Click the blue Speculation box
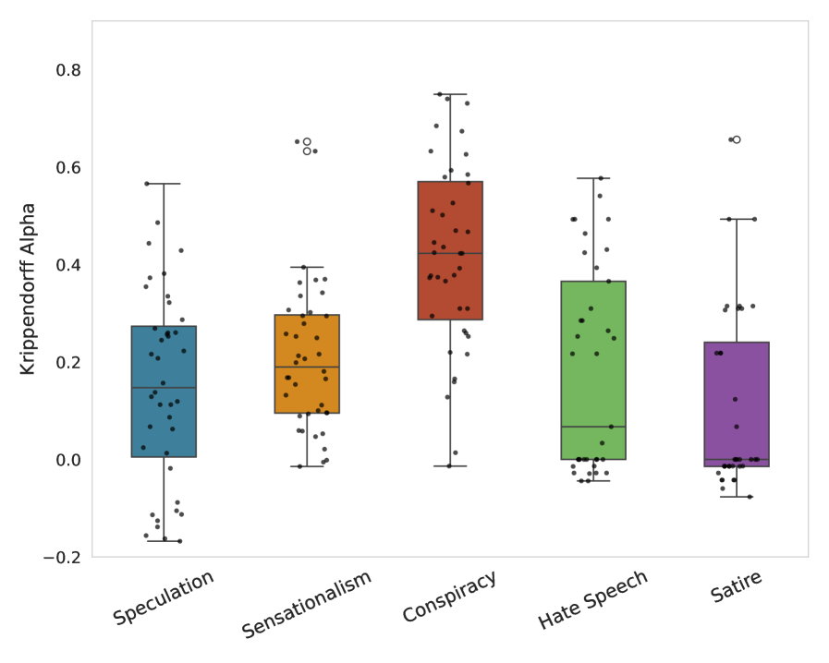pos(164,391)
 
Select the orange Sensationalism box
pos(307,364)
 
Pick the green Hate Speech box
pos(593,370)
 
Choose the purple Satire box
pos(737,404)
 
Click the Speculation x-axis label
pos(164,597)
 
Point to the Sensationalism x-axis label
pos(307,604)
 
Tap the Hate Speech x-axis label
pos(593,600)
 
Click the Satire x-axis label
pos(737,587)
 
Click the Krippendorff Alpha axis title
pos(28,289)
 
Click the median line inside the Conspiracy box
pos(450,253)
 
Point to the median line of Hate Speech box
pos(593,427)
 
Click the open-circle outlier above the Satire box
pos(737,139)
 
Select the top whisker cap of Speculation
pos(164,184)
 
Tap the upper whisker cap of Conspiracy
pos(450,94)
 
